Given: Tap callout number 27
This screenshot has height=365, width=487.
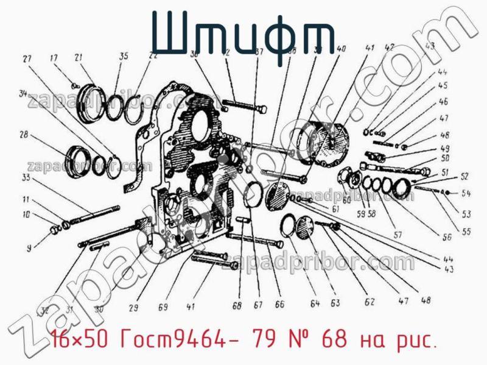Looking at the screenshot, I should pos(27,59).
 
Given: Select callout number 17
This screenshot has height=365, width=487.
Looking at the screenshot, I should pos(54,58).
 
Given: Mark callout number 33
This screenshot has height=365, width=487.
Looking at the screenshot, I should pos(26,178).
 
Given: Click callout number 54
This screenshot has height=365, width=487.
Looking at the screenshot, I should pos(466,194).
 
